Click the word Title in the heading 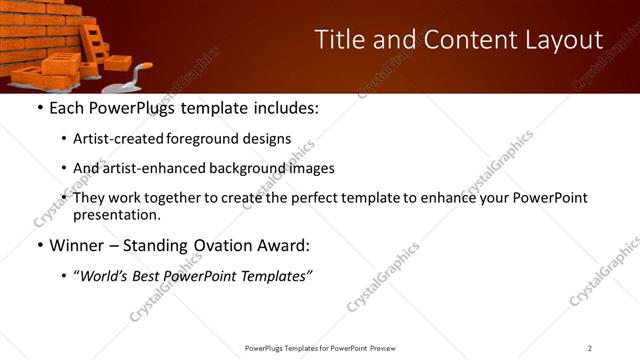339,40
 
